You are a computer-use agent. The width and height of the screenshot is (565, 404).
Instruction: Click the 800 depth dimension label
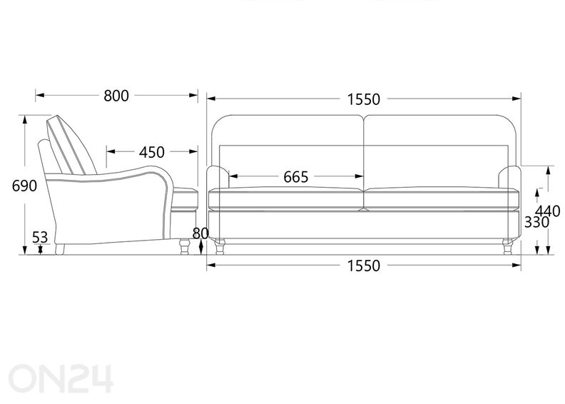coord(116,96)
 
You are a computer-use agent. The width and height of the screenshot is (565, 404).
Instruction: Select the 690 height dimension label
coord(24,186)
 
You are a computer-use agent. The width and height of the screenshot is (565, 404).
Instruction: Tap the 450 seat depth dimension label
coord(152,153)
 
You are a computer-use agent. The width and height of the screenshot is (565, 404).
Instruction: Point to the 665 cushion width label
coord(296,177)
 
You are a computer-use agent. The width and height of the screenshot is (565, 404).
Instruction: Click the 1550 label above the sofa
coord(364,99)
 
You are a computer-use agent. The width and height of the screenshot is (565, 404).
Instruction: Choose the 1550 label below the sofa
coord(364,266)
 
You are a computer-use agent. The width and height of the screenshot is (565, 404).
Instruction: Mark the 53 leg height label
coord(40,237)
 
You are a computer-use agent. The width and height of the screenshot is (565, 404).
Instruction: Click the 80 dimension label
coord(200,233)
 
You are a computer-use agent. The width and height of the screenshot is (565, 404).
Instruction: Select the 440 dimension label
coord(548,211)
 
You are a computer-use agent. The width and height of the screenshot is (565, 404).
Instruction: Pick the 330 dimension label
coord(536,223)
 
